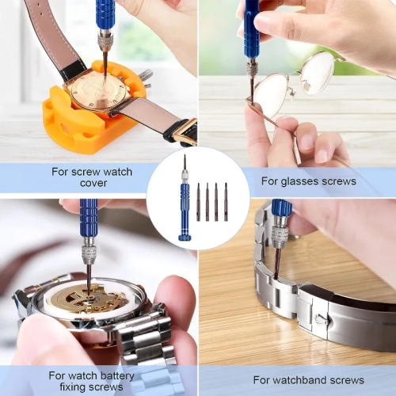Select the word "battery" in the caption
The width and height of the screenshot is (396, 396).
point(116,375)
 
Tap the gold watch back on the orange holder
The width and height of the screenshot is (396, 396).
point(99,93)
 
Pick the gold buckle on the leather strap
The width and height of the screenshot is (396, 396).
point(185,131)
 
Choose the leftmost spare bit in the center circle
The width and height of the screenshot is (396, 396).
point(199,202)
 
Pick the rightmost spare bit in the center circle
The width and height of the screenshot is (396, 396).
point(226,202)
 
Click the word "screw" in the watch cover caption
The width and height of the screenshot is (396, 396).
point(86,171)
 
